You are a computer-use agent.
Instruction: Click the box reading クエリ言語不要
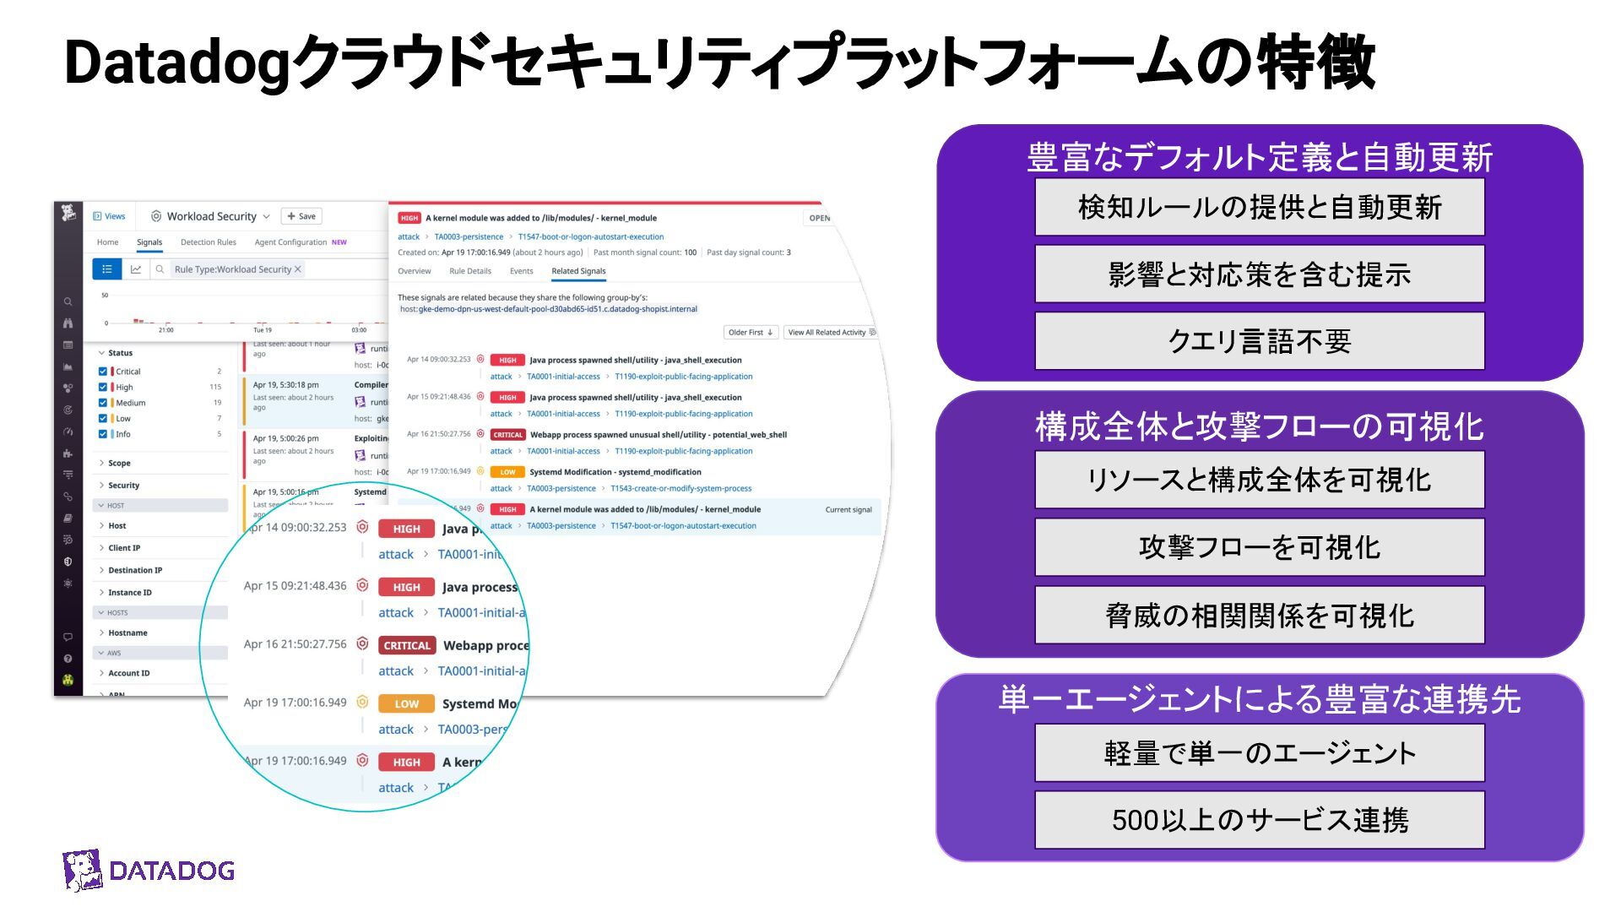coord(1259,341)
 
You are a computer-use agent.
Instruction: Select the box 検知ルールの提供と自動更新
coord(1259,207)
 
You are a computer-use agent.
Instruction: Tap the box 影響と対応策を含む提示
coord(1259,274)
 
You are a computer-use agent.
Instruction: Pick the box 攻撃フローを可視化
coord(1259,547)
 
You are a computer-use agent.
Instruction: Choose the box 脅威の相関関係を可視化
coord(1259,616)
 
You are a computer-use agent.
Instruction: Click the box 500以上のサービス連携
coord(1259,820)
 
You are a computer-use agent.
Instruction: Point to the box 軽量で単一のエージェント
coord(1259,752)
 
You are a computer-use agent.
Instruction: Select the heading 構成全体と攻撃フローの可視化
coord(1259,426)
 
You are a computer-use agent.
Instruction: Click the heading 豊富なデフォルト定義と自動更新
coord(1259,158)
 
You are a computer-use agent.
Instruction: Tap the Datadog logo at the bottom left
coord(149,871)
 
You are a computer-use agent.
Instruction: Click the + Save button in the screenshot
coord(301,216)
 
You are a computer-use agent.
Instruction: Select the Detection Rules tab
coord(208,242)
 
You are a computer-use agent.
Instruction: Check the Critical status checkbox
coord(103,372)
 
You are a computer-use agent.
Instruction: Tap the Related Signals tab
coord(578,271)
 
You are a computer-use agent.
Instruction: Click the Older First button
coord(750,333)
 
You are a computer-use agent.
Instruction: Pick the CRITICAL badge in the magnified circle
coord(406,645)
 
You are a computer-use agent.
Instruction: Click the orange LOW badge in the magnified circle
coord(406,703)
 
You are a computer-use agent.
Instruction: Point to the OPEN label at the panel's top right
coord(819,218)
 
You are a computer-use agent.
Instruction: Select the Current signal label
coord(848,510)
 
